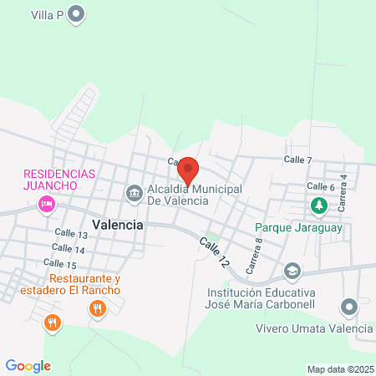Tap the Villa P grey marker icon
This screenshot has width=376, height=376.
pos(77,13)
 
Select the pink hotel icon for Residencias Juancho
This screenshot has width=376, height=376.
pos(48,203)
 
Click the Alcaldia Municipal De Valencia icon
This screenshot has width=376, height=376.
pos(134,194)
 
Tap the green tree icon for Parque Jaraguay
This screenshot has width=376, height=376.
pos(318,205)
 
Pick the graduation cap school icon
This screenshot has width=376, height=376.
pos(292,271)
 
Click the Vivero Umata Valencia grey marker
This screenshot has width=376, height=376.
pos(351,307)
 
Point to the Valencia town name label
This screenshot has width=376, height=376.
pos(118,226)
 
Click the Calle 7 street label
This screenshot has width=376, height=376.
pos(297,159)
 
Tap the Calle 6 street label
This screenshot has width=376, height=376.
pos(320,186)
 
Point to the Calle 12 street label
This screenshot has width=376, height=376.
pos(214,251)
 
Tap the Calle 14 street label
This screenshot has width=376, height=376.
pos(68,249)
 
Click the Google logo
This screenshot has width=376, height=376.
pos(28,366)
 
